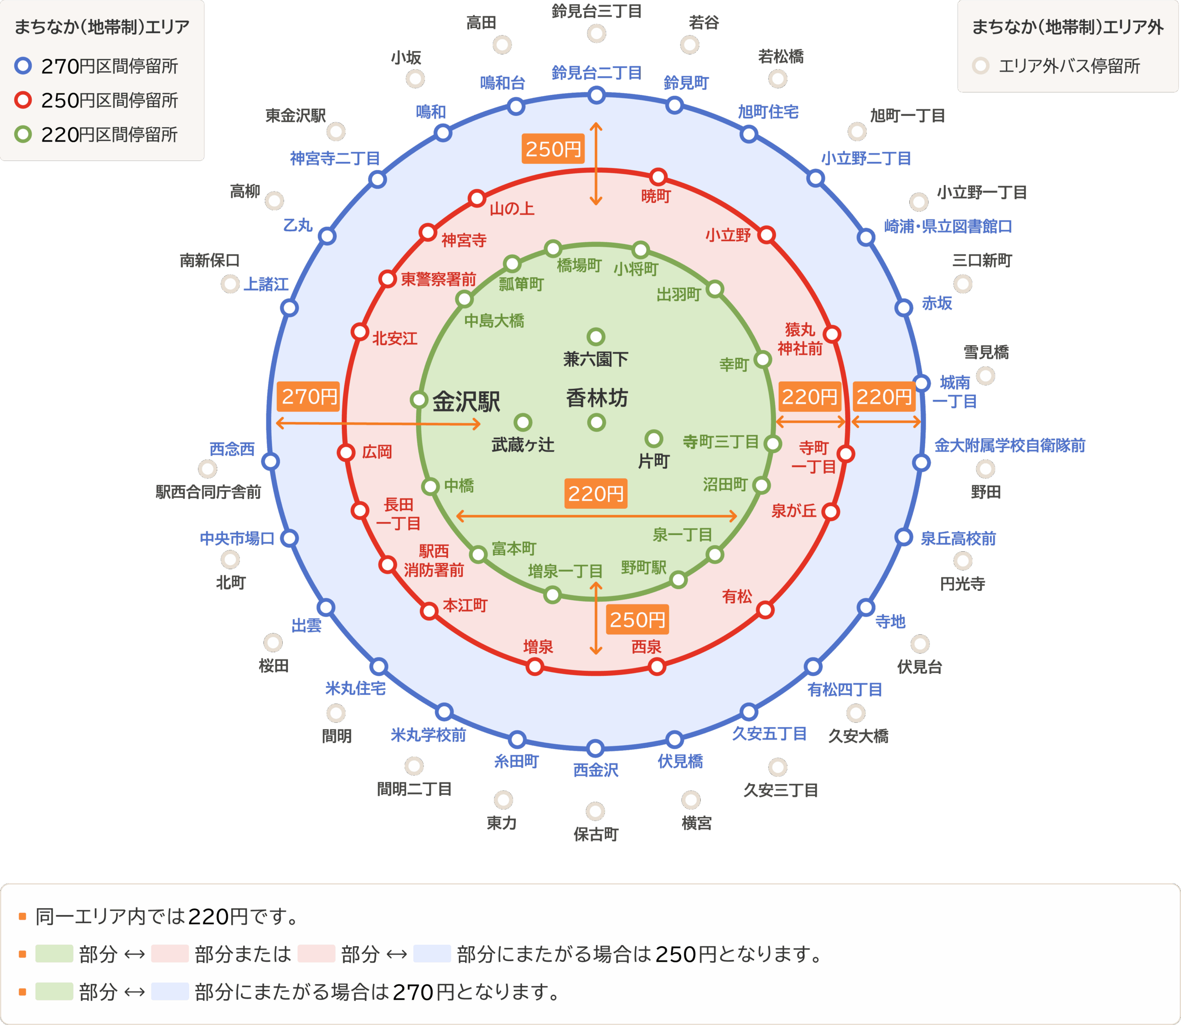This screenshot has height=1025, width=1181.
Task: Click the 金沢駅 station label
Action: pos(465,401)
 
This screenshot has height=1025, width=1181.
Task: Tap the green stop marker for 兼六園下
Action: pos(596,336)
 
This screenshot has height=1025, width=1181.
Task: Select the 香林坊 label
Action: pos(596,398)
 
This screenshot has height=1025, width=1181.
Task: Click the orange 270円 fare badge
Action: pos(309,396)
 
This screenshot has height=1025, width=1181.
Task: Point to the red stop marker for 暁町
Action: pos(658,176)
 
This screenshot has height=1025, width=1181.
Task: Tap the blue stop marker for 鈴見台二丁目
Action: pos(596,95)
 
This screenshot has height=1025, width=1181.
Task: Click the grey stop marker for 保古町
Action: pos(596,810)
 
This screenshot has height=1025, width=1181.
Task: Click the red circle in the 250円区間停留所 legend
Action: pos(23,100)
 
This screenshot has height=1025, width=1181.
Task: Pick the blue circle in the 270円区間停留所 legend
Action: pos(23,66)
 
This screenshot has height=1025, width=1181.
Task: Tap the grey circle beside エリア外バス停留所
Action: pos(980,66)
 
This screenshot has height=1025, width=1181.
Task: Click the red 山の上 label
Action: pos(512,209)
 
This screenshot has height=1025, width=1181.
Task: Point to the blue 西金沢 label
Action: pos(596,770)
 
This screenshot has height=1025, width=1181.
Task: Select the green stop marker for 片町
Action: pos(654,439)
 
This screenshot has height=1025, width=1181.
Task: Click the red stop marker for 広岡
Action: pos(346,453)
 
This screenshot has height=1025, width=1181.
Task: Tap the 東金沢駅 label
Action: pos(296,115)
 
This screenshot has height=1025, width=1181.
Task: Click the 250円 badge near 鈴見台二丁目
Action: pos(553,149)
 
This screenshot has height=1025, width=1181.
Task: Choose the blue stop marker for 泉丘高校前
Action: pos(904,536)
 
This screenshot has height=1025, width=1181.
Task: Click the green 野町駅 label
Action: pos(644,567)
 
